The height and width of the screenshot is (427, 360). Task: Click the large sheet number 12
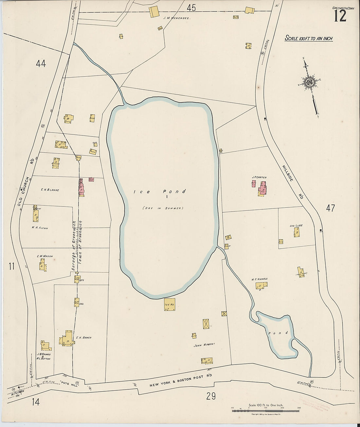[x=340, y=16]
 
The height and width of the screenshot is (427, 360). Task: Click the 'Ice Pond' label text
[x=160, y=192]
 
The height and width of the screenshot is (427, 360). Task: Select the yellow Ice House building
[x=169, y=304]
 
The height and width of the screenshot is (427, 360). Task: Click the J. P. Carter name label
[x=259, y=177]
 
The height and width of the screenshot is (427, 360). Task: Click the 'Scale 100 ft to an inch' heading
[x=308, y=39]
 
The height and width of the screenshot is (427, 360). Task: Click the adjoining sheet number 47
[x=330, y=208]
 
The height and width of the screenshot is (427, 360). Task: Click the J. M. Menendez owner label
[x=177, y=18]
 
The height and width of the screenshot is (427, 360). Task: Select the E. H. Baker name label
[x=83, y=338]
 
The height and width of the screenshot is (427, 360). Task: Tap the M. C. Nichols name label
[x=260, y=279]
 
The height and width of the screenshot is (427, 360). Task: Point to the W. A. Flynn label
[x=40, y=228]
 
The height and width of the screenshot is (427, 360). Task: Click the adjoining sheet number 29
[x=211, y=397]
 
